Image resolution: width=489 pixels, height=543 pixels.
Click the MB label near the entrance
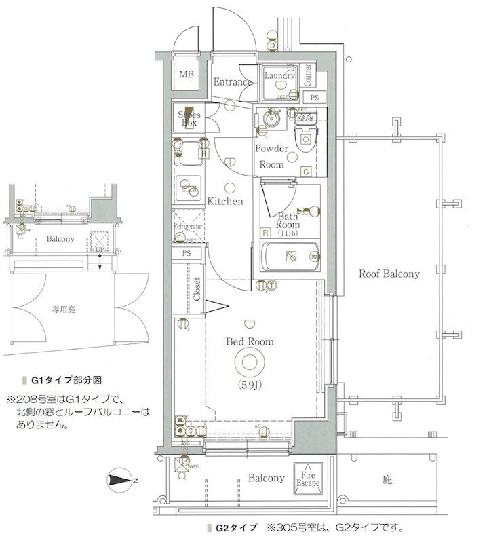(186, 75)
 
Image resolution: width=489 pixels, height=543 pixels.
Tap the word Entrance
(233, 82)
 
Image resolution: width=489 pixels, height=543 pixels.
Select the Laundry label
(278, 76)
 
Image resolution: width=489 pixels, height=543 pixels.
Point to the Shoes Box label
(189, 119)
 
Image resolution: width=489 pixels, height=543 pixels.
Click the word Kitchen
(225, 202)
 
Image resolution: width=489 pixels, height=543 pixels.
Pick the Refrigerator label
(189, 226)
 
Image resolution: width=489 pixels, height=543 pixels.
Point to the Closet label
(197, 289)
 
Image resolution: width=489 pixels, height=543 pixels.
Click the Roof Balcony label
(389, 274)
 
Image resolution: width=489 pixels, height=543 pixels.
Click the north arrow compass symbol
(121, 481)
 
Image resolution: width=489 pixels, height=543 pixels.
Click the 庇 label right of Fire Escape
(387, 480)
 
